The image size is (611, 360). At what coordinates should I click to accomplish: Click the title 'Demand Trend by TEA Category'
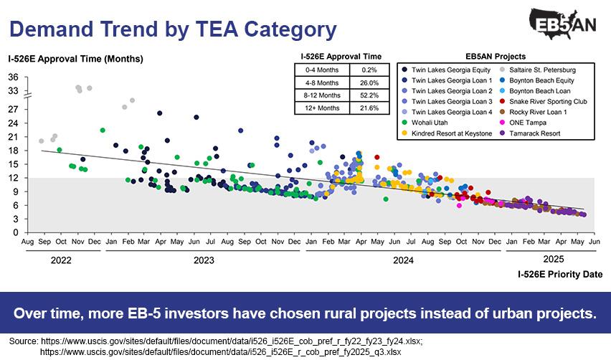pos(173,29)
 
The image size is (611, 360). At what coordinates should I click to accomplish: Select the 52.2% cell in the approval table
pos(369,94)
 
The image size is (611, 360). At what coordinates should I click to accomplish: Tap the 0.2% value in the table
pos(369,70)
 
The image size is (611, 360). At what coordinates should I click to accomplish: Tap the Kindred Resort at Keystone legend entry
pos(452,133)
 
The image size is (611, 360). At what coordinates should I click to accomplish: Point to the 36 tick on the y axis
pos(14,77)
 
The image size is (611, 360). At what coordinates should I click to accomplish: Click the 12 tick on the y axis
pos(14,178)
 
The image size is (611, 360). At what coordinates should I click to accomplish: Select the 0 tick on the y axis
pos(15,232)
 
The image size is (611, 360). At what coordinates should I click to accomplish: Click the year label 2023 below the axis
pos(204,261)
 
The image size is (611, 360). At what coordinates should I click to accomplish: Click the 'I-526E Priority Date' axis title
pos(559,274)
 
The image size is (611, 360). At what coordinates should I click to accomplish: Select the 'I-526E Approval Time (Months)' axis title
pos(75,58)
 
